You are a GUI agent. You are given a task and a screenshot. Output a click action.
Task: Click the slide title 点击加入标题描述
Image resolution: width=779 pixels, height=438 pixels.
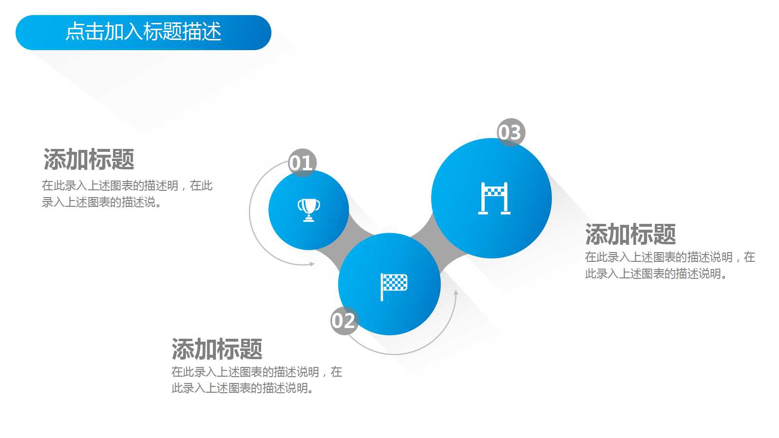pos(143,32)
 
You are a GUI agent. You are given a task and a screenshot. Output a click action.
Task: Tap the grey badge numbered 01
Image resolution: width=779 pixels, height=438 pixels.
pos(302,163)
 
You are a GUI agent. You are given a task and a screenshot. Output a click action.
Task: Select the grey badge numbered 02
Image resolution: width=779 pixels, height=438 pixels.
pos(344,321)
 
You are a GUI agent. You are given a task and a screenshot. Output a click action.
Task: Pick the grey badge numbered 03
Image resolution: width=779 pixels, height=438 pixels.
pos(510,132)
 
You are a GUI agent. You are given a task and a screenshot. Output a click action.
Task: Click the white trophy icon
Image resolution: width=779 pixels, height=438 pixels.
pos(309,210)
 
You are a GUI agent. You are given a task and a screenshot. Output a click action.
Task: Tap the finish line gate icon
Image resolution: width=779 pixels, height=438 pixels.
pos(494,199)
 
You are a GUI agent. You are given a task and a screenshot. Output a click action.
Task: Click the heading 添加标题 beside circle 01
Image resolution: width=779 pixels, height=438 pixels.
pos(89,160)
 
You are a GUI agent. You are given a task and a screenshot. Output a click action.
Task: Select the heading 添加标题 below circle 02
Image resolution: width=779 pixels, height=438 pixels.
pos(217,349)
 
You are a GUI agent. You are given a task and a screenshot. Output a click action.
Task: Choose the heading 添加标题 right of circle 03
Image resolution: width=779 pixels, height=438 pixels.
pos(630,234)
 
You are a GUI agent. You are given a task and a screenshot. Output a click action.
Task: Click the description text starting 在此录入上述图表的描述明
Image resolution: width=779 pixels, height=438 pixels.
pos(127,185)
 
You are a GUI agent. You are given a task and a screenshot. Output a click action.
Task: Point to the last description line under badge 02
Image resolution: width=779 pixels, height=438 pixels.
pos(243,388)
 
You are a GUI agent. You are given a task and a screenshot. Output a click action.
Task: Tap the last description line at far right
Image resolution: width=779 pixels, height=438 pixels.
pos(656,274)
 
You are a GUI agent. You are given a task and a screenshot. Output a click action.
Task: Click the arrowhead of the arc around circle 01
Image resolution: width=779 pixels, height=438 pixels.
pos(312,264)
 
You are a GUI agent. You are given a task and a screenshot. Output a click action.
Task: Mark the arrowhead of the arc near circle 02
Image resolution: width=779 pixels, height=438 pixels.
pos(456,293)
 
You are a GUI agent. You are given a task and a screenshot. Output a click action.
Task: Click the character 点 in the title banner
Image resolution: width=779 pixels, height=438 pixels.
pos(75,32)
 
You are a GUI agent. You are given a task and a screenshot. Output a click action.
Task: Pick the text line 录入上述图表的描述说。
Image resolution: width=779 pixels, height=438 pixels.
pos(102,202)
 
